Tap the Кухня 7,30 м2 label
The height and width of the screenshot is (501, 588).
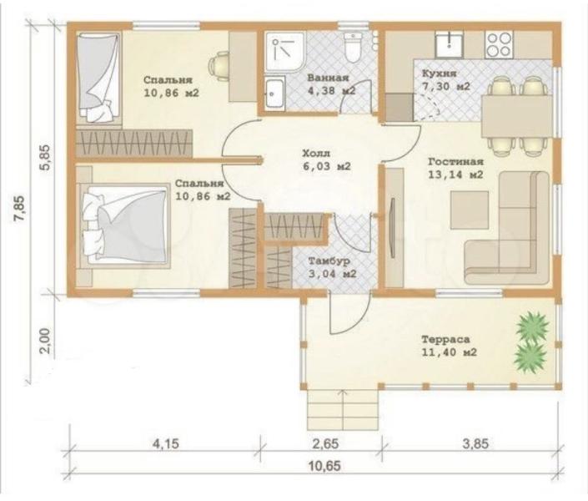[445, 79]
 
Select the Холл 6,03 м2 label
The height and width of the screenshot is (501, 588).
[326, 159]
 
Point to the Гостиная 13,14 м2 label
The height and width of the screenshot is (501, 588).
[455, 168]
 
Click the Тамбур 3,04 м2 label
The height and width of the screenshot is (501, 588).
[332, 267]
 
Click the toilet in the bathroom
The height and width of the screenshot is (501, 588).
[353, 48]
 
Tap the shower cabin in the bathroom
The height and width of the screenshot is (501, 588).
[285, 51]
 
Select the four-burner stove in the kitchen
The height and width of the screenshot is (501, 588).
[499, 45]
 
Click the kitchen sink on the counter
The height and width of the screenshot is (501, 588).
[449, 44]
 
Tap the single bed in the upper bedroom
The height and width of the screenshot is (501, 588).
[98, 78]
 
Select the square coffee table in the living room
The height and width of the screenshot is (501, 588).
[469, 210]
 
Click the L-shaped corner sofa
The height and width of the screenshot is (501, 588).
[507, 228]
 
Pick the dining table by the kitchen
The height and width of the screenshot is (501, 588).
[517, 116]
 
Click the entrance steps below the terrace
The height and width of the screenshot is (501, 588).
[343, 410]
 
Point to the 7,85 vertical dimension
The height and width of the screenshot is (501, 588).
[20, 210]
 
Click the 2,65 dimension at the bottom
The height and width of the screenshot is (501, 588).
[325, 443]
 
